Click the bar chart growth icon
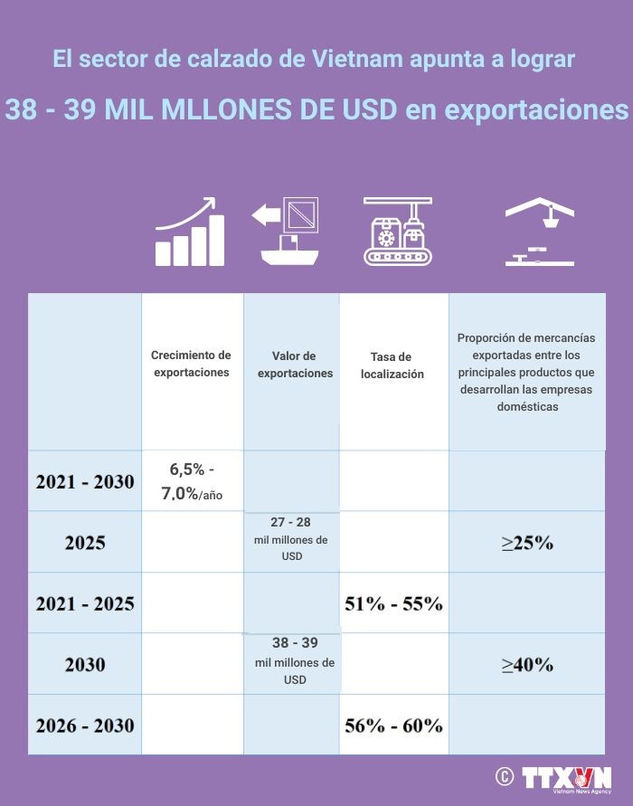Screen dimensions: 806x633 pyautogui.click(x=189, y=232)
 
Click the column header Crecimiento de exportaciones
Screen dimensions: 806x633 pyautogui.click(x=191, y=364)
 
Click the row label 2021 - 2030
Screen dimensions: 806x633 pyautogui.click(x=85, y=481)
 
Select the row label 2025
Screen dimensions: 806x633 pyautogui.click(x=85, y=543)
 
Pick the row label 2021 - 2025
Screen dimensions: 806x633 pyautogui.click(x=85, y=603)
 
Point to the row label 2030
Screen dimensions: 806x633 pyautogui.click(x=85, y=664)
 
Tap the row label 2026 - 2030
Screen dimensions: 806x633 pyautogui.click(x=85, y=725)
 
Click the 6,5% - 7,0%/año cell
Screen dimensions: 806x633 pyautogui.click(x=192, y=481)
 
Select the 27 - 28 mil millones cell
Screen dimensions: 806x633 pyautogui.click(x=291, y=539)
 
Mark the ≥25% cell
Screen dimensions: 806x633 pyautogui.click(x=527, y=543)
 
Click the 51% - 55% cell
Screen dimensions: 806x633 pyautogui.click(x=393, y=603)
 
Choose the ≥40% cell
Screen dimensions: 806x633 pyautogui.click(x=527, y=664)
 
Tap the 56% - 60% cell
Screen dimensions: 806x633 pyautogui.click(x=393, y=725)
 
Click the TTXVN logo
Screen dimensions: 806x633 pyautogui.click(x=566, y=778)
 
